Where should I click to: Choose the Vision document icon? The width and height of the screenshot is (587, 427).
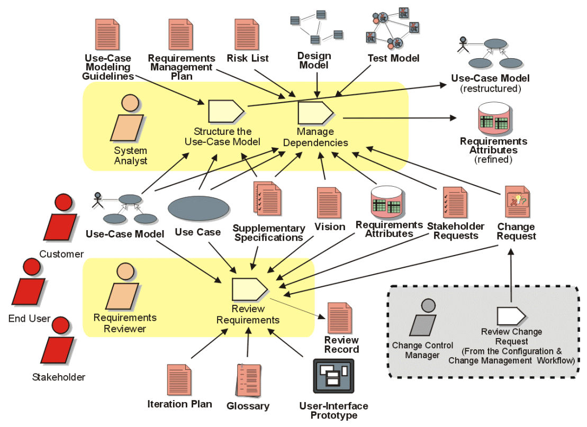point(329,203)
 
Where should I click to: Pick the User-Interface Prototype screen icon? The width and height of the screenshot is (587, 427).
point(333,376)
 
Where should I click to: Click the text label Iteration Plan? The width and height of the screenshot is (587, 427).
point(179,404)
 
